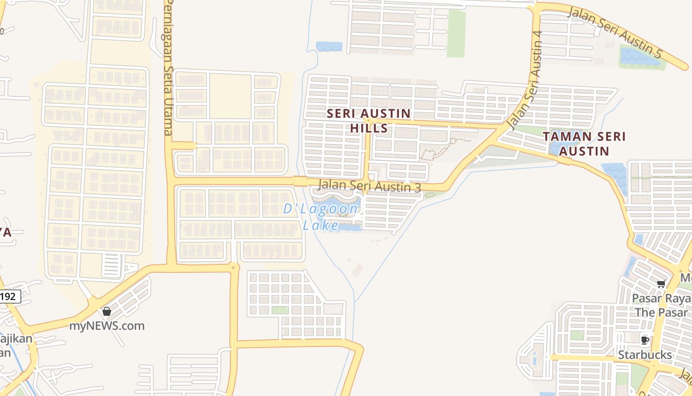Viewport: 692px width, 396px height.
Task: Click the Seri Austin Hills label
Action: point(369,121)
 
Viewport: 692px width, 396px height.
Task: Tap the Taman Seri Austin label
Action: point(584,144)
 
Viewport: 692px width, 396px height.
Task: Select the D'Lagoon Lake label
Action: point(320,217)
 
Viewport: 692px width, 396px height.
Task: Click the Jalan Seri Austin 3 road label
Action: point(370,186)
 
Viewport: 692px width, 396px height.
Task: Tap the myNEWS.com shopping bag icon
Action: point(106,311)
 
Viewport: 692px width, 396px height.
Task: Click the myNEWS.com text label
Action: point(107,326)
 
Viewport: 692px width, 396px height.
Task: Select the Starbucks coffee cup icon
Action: point(645,340)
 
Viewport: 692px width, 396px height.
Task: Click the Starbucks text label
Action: point(645,355)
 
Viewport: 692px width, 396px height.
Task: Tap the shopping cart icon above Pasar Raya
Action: point(661,284)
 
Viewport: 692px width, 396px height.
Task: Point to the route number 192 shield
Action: point(10,297)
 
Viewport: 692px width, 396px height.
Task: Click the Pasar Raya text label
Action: point(661,299)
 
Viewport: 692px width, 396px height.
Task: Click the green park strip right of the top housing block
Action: point(456,33)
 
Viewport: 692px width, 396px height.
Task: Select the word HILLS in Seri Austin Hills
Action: point(369,129)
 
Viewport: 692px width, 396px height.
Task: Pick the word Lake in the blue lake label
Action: point(320,226)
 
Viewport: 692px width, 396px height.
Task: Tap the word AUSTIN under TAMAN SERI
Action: point(584,151)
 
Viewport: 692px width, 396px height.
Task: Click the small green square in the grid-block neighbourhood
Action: point(280,310)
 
